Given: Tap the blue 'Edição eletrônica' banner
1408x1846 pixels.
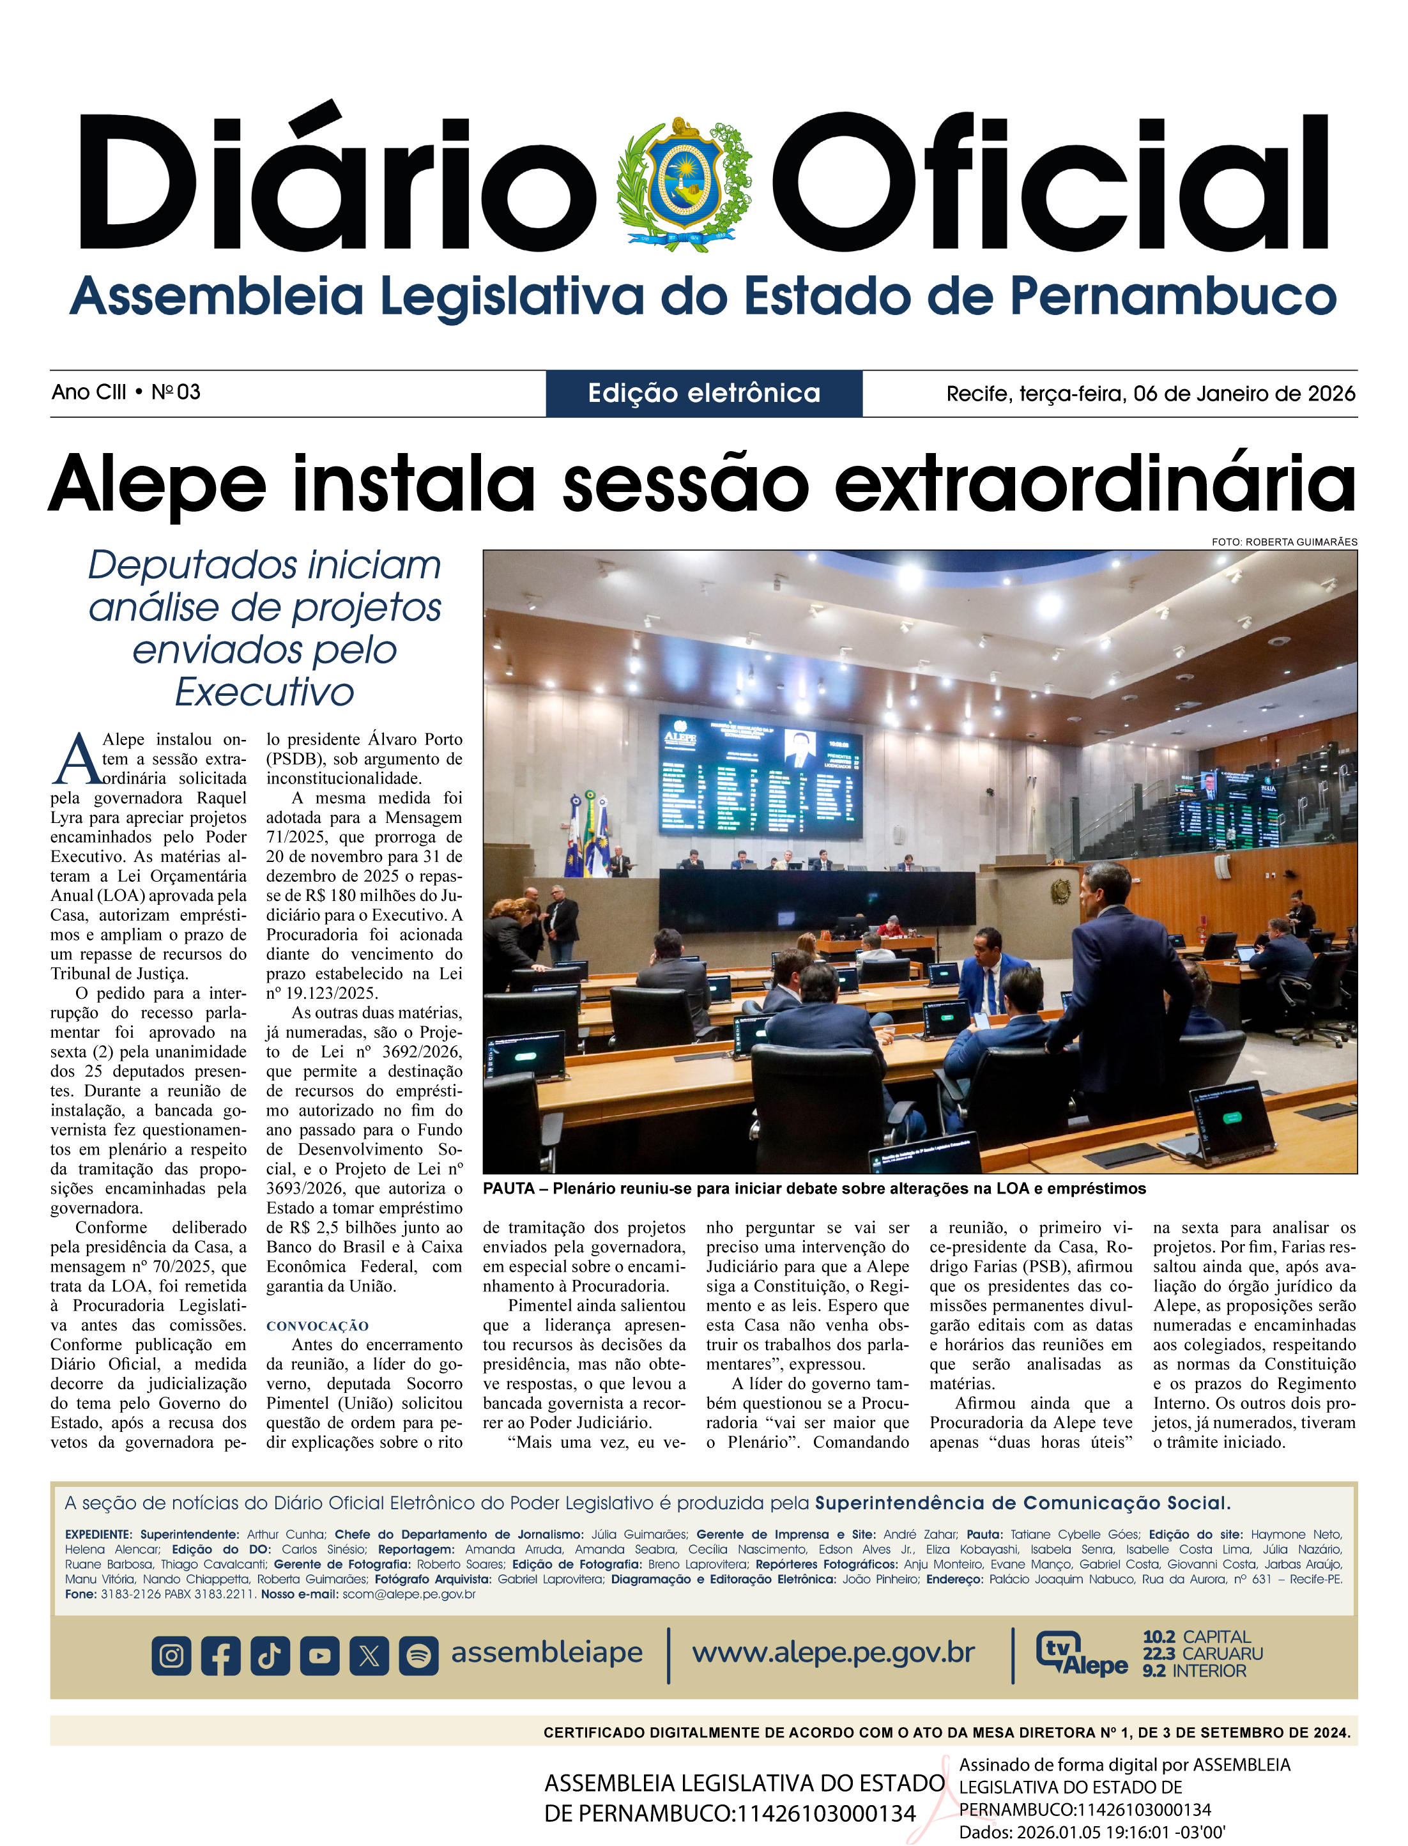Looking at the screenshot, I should click(x=704, y=393).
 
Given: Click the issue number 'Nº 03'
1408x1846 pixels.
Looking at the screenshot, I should click(x=176, y=392).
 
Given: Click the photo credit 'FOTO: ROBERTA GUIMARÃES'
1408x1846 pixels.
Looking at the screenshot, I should click(x=1284, y=542).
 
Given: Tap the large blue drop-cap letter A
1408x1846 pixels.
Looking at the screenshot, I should click(x=77, y=761).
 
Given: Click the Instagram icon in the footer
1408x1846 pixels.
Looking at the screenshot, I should click(x=172, y=1655).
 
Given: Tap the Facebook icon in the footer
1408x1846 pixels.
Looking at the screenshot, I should click(x=220, y=1655).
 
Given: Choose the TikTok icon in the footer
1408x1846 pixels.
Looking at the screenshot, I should click(x=270, y=1655).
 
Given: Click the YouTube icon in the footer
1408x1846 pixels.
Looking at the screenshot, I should click(x=319, y=1655).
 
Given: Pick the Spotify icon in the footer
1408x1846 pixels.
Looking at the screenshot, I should click(x=418, y=1655).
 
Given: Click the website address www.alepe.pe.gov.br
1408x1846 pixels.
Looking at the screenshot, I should click(x=833, y=1652).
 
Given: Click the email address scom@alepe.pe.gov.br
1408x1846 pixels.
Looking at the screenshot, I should click(x=409, y=1594).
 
